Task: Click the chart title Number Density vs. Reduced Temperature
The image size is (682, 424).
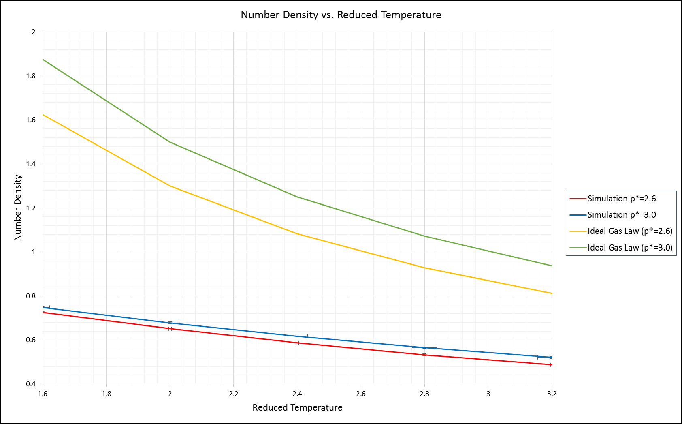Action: (341, 15)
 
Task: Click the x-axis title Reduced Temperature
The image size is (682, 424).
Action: (297, 407)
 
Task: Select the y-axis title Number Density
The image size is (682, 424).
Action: (18, 208)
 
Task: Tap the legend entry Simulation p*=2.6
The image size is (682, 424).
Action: (621, 199)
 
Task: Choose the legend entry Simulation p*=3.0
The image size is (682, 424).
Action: (621, 215)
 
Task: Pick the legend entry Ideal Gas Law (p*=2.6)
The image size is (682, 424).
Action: (629, 231)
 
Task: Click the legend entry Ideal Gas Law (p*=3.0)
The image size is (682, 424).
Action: (629, 248)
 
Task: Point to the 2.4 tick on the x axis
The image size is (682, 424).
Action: (297, 394)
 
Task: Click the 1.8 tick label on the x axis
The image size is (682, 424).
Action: (107, 394)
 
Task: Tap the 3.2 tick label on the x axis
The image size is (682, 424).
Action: (552, 394)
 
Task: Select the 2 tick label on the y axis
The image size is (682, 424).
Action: (34, 32)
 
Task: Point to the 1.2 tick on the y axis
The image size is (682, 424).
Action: (31, 208)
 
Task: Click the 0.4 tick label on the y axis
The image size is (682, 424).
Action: (31, 384)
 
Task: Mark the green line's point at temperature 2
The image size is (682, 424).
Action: (170, 142)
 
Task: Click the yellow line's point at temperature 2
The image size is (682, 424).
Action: (170, 186)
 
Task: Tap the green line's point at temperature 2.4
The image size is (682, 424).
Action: (297, 197)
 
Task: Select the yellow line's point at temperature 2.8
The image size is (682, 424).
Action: (424, 268)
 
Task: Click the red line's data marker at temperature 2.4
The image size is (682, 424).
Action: (297, 343)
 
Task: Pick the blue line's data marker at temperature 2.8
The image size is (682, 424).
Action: (424, 348)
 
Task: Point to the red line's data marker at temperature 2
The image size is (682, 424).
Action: (170, 329)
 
